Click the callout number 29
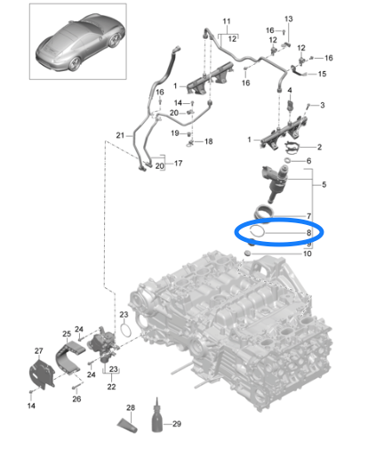177,424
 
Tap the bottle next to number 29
157,417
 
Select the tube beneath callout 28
127,426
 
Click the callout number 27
39,351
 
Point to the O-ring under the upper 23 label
125,330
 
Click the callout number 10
308,253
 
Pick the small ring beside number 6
288,161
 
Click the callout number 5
324,185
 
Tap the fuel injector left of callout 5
275,182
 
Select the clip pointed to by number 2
292,148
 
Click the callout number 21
120,135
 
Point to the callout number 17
178,164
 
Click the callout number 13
289,19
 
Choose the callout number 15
322,74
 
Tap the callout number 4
290,90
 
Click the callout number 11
227,21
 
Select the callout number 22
111,387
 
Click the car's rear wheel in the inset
74,63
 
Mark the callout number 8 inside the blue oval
308,233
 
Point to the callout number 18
209,141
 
